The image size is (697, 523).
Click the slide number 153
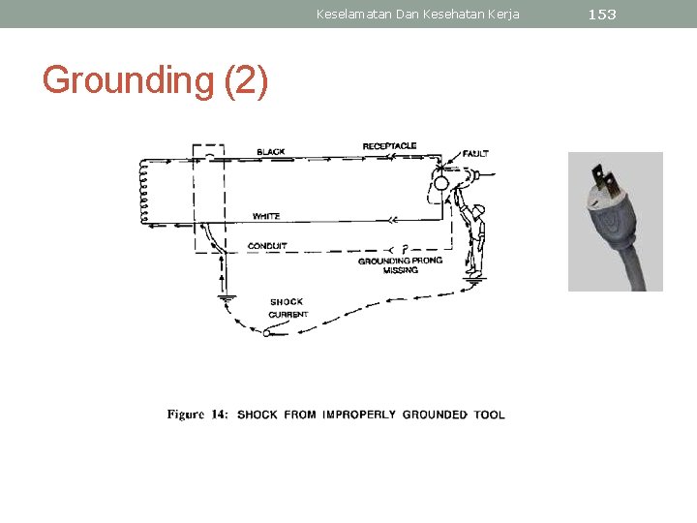pyautogui.click(x=601, y=15)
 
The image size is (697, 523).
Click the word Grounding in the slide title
pyautogui.click(x=127, y=80)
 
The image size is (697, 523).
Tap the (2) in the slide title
pyautogui.click(x=246, y=80)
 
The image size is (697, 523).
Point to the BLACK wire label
pyautogui.click(x=270, y=152)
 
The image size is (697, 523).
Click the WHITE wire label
pyautogui.click(x=266, y=216)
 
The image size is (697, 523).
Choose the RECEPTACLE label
pyautogui.click(x=389, y=146)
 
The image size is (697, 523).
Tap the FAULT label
pyautogui.click(x=475, y=153)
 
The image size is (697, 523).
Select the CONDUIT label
pyautogui.click(x=267, y=246)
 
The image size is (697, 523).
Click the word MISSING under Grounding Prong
pyautogui.click(x=400, y=270)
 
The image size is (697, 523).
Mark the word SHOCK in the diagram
pyautogui.click(x=287, y=302)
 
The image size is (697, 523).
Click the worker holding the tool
pyautogui.click(x=474, y=237)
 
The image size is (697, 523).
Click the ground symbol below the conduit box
pyautogui.click(x=227, y=298)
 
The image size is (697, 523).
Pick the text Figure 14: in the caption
pyautogui.click(x=198, y=415)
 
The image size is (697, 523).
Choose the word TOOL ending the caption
pyautogui.click(x=490, y=415)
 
